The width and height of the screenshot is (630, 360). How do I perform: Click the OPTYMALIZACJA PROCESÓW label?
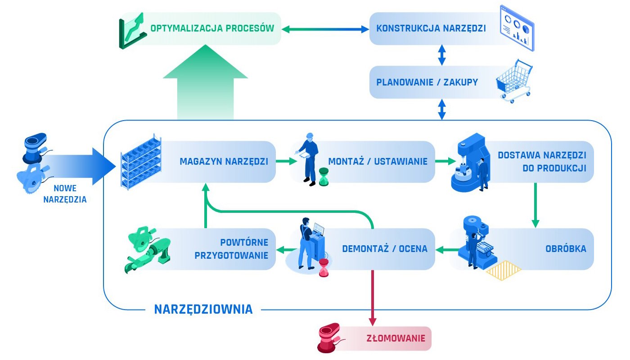212,29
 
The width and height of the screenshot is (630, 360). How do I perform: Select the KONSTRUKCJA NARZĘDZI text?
431,29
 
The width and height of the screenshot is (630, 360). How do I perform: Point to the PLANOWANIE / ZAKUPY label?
427,82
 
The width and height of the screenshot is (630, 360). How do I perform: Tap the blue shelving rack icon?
141,162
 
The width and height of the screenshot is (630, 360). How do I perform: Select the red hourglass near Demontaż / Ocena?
324,268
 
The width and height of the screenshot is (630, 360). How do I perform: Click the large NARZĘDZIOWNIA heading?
203,309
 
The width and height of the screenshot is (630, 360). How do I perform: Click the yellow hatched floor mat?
503,271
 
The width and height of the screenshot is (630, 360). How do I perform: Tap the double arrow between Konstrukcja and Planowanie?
441,55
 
